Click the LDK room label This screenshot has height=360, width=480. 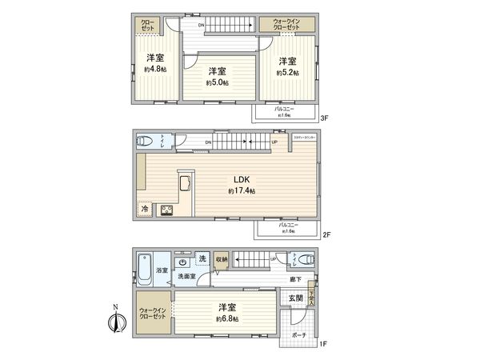point(241,179)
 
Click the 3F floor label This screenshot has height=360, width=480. point(325,118)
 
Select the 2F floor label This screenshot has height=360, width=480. point(326,236)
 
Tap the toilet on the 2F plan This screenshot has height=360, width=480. point(145,141)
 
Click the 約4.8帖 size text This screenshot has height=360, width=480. point(155,70)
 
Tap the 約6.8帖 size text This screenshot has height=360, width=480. point(227,319)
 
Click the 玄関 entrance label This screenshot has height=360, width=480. point(296,298)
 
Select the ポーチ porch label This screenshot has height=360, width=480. point(298,335)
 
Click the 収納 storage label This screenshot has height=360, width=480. point(222,259)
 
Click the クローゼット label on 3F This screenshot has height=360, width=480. point(149,25)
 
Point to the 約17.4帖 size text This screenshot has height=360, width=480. point(241,191)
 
